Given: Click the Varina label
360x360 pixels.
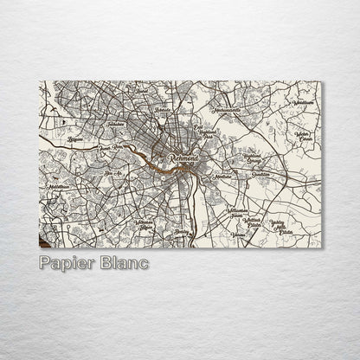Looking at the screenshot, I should click(x=240, y=235).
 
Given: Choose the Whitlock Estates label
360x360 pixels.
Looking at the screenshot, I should click(x=253, y=223).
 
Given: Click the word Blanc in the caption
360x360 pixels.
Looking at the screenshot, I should click(x=124, y=261).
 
